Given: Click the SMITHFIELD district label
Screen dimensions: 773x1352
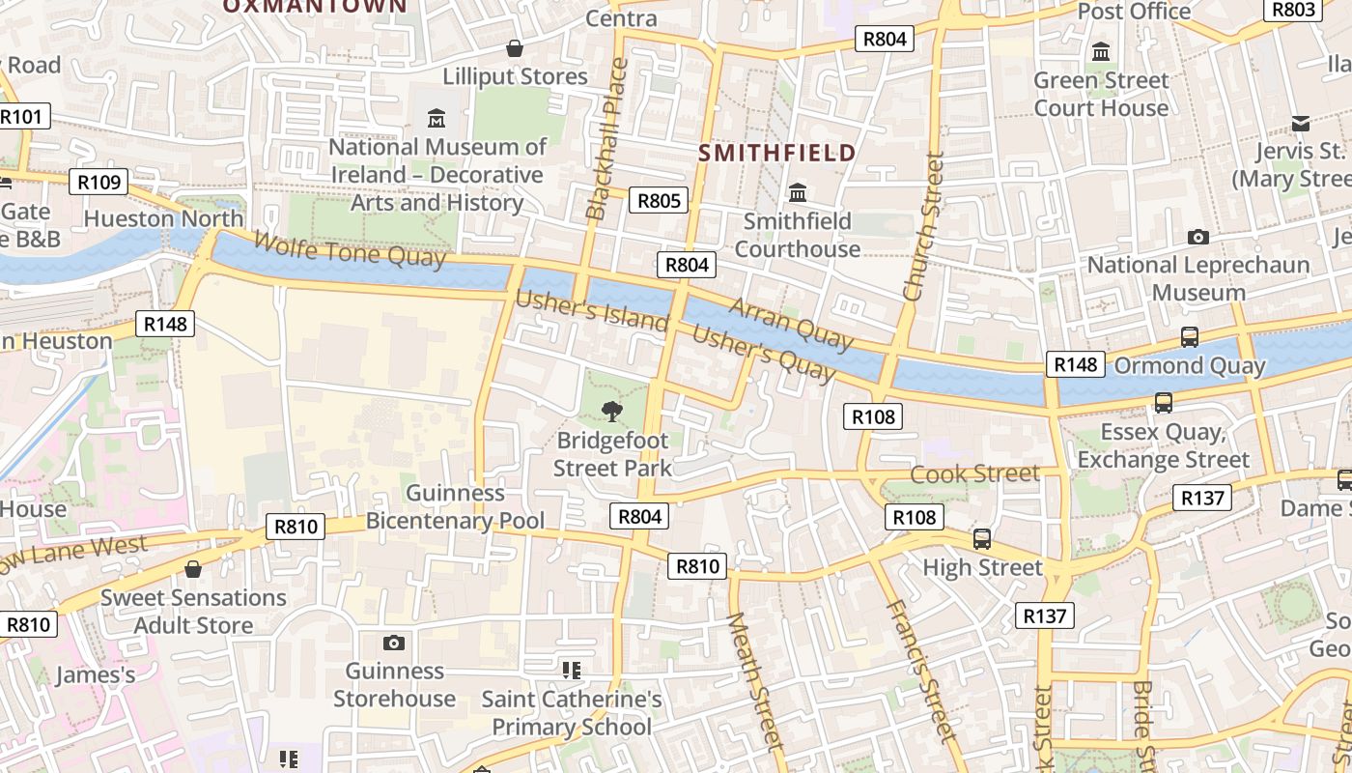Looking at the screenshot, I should point(777,153).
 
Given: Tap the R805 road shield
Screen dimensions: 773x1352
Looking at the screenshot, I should point(660,201).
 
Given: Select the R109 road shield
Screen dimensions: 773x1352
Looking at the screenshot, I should point(99,182).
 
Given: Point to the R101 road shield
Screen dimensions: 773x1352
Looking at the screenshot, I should point(21,117).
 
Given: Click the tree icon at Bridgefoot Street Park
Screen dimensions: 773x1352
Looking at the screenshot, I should point(612,412).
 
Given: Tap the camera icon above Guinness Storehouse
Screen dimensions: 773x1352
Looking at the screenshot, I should point(394,643).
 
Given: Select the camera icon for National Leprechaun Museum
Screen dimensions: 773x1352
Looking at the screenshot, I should point(1197,237).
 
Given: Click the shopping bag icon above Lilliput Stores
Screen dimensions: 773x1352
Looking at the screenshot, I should point(515,48).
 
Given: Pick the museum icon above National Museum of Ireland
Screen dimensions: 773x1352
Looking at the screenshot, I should point(437,119).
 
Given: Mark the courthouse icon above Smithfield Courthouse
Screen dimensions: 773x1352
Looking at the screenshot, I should point(798,192).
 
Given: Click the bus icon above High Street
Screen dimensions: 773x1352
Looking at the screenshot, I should point(982,539).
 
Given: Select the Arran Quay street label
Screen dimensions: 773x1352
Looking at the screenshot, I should point(791,323).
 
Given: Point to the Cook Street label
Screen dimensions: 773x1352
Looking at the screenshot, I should point(975,473).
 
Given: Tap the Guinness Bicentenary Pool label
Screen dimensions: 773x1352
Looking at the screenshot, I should point(455,507).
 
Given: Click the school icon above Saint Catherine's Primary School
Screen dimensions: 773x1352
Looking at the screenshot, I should point(571,670).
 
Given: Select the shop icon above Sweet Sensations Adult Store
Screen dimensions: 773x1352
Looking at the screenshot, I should point(193,569).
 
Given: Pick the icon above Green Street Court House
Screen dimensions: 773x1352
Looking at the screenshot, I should point(1101,52).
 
